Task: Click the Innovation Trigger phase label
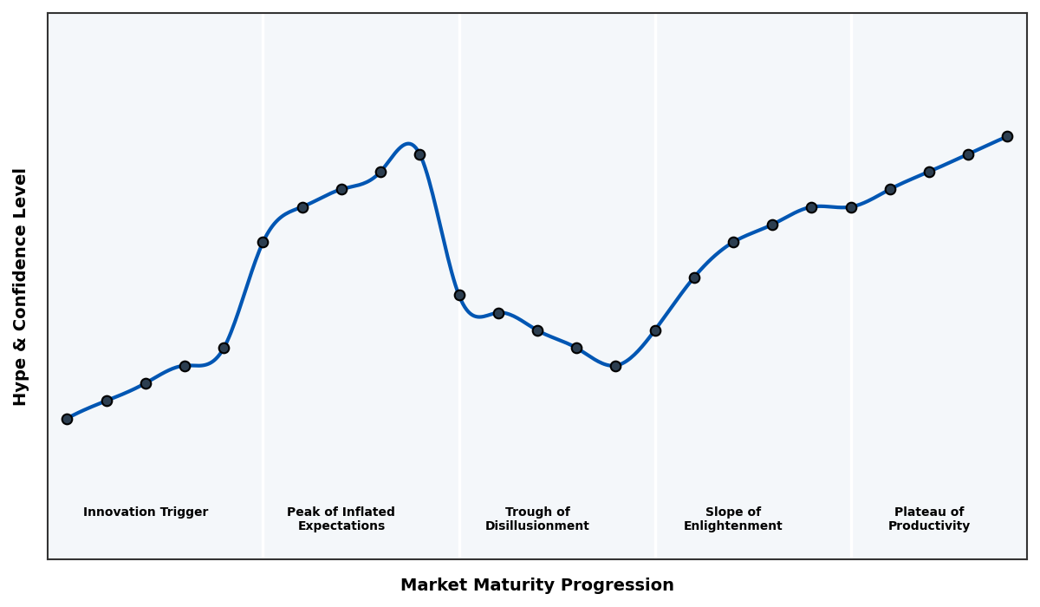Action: [x=146, y=512]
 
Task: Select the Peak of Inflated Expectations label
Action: [x=341, y=519]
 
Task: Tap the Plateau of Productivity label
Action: [x=929, y=519]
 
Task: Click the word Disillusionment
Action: [x=537, y=526]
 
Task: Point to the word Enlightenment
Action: [x=733, y=526]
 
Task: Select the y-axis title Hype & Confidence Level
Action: [x=21, y=286]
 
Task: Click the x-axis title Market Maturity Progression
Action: [x=537, y=585]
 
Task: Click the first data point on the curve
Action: [x=67, y=419]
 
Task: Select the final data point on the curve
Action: [x=1007, y=136]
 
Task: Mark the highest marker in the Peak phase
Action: [x=419, y=154]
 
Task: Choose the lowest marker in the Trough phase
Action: [x=615, y=366]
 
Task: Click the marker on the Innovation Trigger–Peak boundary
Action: [x=263, y=242]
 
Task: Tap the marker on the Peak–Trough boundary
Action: [x=459, y=295]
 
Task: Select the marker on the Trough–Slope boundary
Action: [x=655, y=330]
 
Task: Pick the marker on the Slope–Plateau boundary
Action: [x=851, y=207]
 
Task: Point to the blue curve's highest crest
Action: [x=407, y=144]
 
